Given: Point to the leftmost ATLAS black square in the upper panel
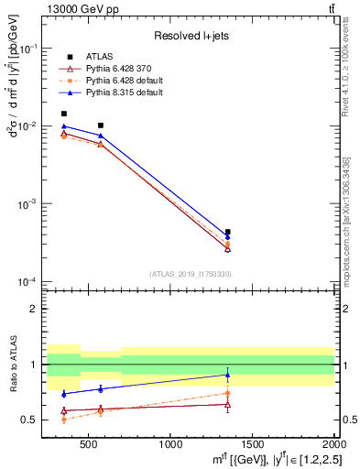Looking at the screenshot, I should [63, 115].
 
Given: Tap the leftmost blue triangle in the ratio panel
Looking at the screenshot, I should [63, 393].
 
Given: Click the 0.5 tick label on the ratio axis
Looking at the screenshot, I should [36, 420].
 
